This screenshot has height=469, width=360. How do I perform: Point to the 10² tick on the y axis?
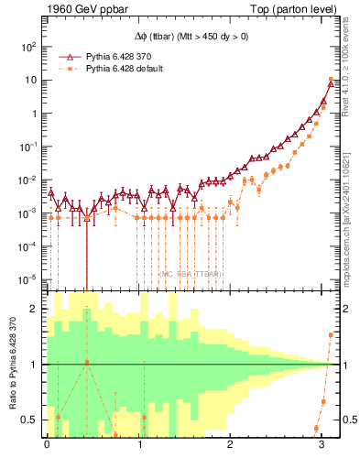pyautogui.click(x=28, y=47)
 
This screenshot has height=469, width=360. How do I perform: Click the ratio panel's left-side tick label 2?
pyautogui.click(x=34, y=309)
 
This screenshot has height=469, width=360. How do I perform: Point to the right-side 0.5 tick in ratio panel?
pyautogui.click(x=346, y=420)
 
